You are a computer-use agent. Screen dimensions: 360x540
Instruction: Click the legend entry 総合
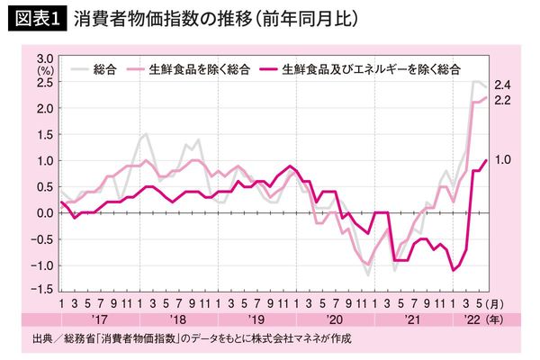tap(107, 67)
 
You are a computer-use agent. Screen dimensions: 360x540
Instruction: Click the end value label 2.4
tap(503, 85)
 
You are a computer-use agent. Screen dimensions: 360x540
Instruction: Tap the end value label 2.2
tap(503, 99)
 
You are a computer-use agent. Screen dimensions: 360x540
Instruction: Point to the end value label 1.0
tap(503, 160)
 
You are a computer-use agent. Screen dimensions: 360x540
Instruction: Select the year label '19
tap(256, 320)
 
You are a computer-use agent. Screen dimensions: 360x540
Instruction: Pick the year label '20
tap(335, 320)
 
